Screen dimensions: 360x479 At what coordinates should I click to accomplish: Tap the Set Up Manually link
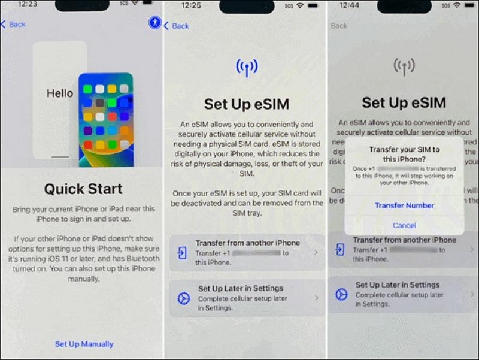(84, 344)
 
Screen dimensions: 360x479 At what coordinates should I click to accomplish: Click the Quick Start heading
(83, 189)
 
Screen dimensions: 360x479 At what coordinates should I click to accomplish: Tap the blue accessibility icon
(155, 23)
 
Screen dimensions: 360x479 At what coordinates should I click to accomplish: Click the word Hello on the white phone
(60, 93)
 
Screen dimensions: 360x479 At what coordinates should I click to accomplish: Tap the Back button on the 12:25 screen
(177, 26)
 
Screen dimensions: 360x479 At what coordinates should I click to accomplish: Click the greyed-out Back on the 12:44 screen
(339, 26)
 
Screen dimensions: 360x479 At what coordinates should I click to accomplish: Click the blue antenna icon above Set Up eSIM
(247, 68)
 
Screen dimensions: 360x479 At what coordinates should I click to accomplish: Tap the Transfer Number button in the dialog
(404, 205)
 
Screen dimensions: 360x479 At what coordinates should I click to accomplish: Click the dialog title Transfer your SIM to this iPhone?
(404, 154)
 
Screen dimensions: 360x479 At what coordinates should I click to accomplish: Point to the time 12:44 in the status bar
(353, 5)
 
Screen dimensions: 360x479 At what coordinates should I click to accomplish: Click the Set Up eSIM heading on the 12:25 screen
(247, 104)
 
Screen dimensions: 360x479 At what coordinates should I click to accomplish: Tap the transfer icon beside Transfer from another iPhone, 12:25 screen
(182, 253)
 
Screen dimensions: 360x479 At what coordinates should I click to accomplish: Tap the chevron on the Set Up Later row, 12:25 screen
(316, 298)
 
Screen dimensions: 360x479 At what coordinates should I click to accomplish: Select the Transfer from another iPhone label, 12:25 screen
(247, 243)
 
